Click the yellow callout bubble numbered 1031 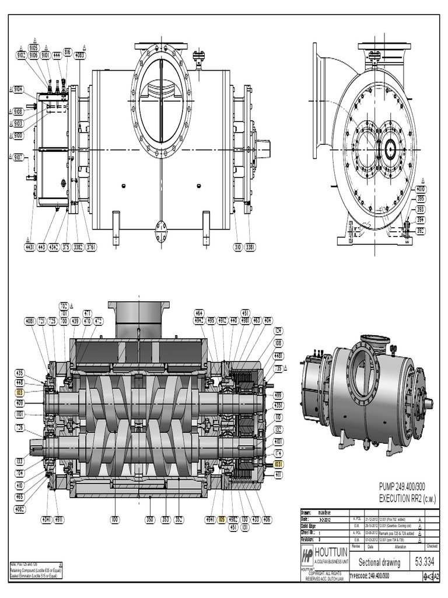(x=278, y=464)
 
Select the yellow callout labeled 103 (x=20, y=393)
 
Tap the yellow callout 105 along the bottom (x=222, y=518)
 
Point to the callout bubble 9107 (x=19, y=157)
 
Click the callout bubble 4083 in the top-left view (x=80, y=55)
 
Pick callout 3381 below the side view (x=250, y=247)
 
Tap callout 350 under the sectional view (x=150, y=518)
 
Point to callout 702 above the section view (x=64, y=305)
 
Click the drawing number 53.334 (x=426, y=562)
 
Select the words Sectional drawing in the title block (x=379, y=562)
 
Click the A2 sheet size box (x=433, y=577)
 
